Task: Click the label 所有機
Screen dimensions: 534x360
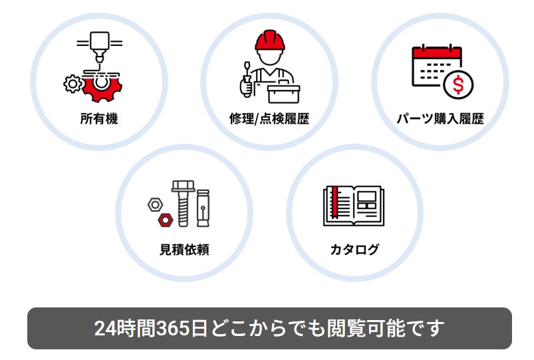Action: [99, 118]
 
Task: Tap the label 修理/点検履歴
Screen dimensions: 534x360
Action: [269, 118]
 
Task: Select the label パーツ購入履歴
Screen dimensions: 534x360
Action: [440, 118]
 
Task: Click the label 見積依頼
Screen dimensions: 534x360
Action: [184, 250]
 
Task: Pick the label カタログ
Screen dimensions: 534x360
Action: [354, 250]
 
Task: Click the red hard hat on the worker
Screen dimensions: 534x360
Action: [270, 40]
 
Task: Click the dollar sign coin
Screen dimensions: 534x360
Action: [458, 85]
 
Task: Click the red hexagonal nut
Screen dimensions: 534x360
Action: [166, 220]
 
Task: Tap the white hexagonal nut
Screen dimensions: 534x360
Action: [156, 205]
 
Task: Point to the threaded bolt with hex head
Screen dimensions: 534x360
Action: [184, 204]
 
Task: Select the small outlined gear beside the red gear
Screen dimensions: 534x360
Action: [72, 84]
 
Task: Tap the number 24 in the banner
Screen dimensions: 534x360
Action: [104, 328]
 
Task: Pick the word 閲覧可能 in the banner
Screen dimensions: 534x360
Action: [366, 328]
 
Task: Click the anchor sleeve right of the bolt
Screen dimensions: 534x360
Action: [203, 208]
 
